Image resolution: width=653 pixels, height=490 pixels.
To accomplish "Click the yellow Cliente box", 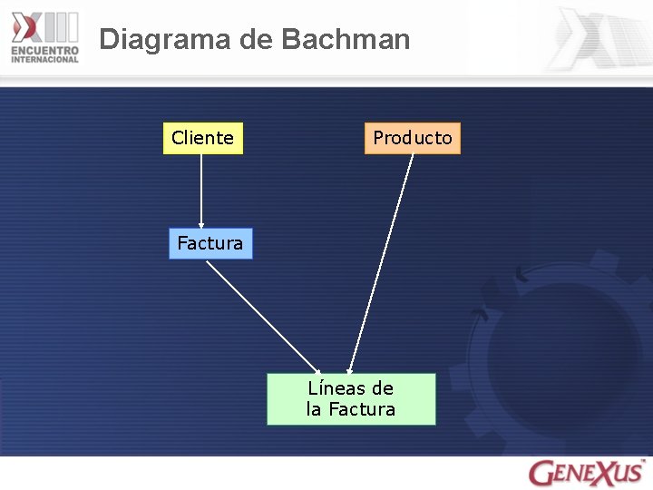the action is [203, 138].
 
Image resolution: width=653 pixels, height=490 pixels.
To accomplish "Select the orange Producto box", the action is [412, 138].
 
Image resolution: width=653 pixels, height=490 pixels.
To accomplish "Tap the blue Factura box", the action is [210, 243].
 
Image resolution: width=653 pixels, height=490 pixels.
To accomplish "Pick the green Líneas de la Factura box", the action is [351, 398].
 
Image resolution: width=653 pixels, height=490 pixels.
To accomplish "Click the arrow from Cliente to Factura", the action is [201, 191].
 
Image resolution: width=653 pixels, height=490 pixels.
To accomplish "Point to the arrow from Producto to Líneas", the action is [381, 263].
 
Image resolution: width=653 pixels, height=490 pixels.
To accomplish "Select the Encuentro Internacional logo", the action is [45, 36].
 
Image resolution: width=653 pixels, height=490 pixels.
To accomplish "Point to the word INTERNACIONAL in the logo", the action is [45, 60].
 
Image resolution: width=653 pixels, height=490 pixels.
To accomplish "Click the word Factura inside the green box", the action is [362, 409].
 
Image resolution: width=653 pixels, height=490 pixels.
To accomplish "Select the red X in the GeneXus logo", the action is [606, 473].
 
